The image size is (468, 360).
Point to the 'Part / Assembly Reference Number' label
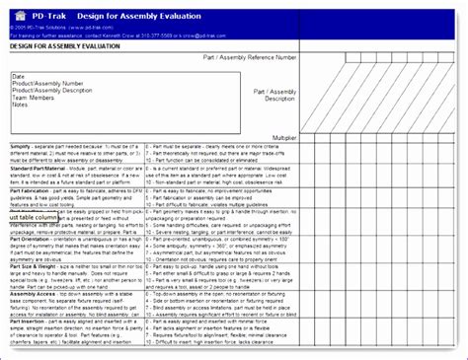(248, 57)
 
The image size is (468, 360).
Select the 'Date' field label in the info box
(19, 76)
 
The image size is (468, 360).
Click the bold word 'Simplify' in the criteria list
(22, 145)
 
